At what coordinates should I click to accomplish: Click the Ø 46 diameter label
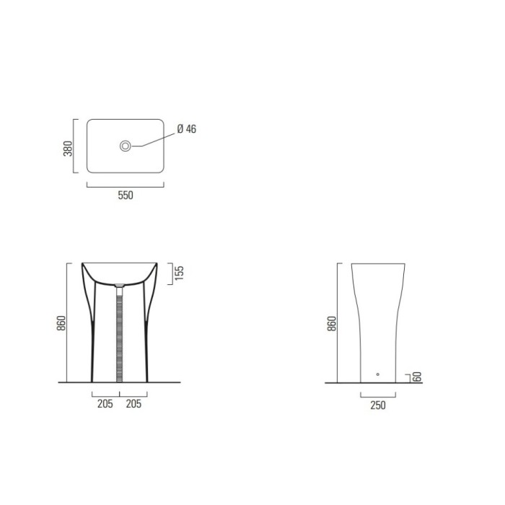[x=186, y=130]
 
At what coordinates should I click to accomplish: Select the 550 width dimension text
[x=125, y=195]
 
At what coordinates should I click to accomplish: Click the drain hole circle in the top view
[x=126, y=146]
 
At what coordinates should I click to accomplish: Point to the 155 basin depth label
[x=180, y=273]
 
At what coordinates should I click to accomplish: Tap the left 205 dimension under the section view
[x=105, y=404]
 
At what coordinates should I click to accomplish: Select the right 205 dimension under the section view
[x=133, y=404]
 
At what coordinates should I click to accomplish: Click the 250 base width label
[x=377, y=405]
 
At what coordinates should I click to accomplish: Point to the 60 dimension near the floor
[x=416, y=377]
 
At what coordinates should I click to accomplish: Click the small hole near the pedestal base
[x=377, y=374]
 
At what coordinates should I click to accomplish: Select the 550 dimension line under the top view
[x=125, y=185]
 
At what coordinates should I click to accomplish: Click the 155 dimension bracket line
[x=170, y=273]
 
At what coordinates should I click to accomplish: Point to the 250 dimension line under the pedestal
[x=377, y=396]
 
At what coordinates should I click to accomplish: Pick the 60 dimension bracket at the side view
[x=409, y=377]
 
